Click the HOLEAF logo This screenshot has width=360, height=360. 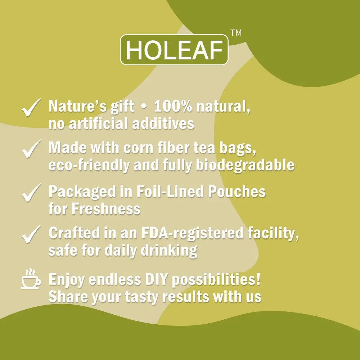tap(174, 50)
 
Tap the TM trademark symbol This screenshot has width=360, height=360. tap(236, 33)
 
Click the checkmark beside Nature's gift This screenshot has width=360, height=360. tap(31, 107)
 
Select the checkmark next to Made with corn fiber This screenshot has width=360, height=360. tap(31, 149)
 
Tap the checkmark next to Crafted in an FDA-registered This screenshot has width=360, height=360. tap(31, 234)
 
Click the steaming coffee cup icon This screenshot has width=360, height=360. tap(31, 279)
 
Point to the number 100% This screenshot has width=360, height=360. tap(173, 106)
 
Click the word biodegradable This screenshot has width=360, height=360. tap(245, 165)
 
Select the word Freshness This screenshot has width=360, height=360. tap(106, 209)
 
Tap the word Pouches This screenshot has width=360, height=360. tap(237, 191)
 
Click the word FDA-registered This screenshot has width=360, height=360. tap(192, 233)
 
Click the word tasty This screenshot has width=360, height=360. tap(142, 297)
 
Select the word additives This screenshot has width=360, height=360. tap(163, 123)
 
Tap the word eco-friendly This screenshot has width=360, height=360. tap(89, 165)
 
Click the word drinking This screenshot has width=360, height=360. tap(169, 251)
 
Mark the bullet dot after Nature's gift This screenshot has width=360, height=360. tap(144, 107)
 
